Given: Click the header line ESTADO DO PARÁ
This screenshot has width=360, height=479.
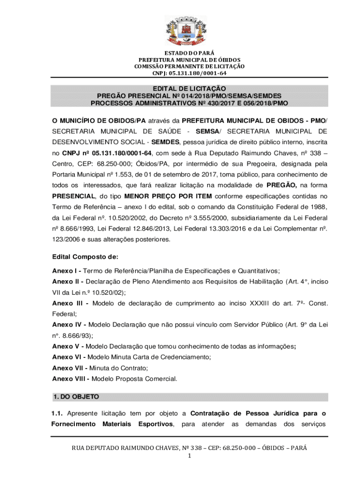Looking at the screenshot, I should coord(189,53).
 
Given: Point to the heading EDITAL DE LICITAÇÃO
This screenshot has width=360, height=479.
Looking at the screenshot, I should coord(189,88).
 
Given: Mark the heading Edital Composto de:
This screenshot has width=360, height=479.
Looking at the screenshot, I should coord(85,257).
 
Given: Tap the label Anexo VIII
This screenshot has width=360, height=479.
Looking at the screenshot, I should coord(69,378).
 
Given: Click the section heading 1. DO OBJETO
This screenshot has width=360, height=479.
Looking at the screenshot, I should coord(76,397).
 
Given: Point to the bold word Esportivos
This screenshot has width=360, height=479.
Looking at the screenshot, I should coord(156,424).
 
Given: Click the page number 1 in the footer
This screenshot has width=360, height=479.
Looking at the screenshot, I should coord(189,456).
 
